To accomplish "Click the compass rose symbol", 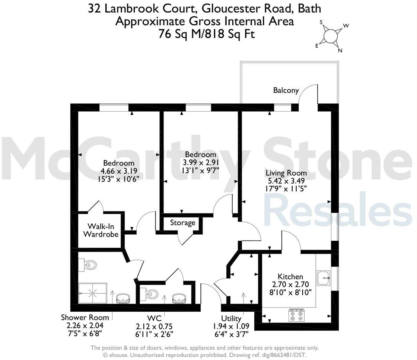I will click(330, 36).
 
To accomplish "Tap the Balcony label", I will click(286, 90).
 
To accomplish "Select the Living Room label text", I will click(286, 173).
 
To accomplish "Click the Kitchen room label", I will click(290, 277).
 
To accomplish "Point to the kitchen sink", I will click(324, 278).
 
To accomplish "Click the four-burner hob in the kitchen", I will click(296, 315).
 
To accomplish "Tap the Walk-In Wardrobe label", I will click(101, 230).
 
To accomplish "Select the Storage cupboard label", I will click(182, 223).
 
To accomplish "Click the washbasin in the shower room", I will click(123, 298).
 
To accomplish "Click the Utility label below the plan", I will click(231, 319).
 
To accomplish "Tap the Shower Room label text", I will click(85, 317).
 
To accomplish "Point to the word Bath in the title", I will click(309, 8).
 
